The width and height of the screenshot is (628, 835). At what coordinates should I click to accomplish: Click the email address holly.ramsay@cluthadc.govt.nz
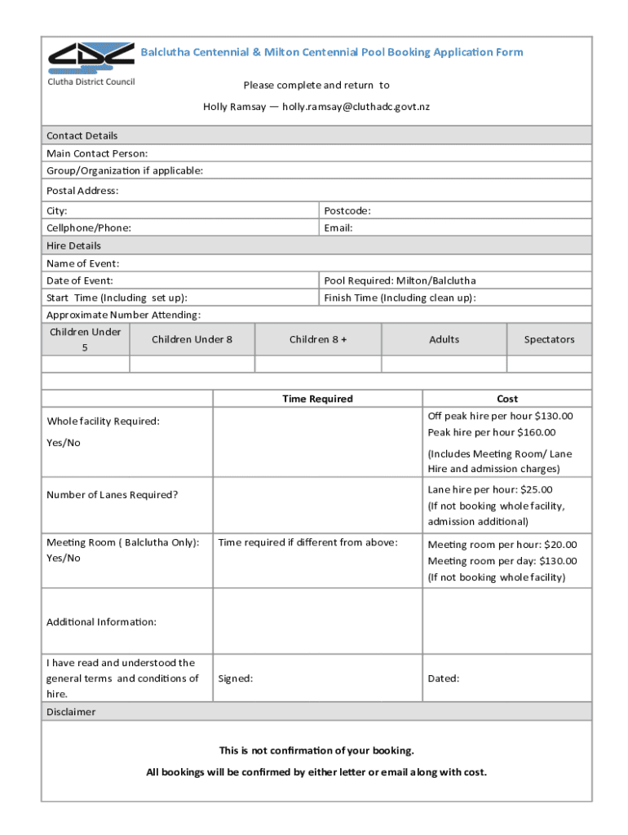click(356, 107)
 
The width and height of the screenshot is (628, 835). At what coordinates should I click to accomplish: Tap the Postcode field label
click(347, 210)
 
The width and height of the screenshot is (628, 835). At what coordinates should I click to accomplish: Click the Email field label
click(338, 228)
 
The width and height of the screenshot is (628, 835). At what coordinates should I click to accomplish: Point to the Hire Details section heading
click(73, 245)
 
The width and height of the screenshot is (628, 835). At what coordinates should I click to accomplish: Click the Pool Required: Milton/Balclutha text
click(400, 281)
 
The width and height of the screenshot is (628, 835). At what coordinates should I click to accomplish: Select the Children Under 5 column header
click(86, 339)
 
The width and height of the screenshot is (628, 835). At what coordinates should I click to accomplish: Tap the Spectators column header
click(549, 339)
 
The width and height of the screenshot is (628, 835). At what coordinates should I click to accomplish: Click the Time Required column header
click(317, 399)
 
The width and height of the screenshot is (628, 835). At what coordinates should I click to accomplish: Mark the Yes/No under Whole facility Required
click(64, 443)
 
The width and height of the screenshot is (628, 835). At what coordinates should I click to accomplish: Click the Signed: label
click(235, 678)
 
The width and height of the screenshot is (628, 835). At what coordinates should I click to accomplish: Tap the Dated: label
click(444, 678)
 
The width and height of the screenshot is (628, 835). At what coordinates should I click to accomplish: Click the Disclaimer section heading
click(71, 712)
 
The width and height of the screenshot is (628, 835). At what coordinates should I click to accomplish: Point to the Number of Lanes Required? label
click(112, 494)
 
